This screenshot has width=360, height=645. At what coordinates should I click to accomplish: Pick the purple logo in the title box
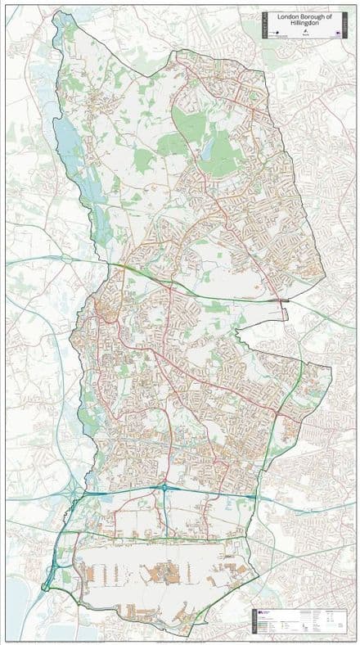(x=337, y=34)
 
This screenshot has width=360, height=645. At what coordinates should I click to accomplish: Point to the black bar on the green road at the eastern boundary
(x=283, y=302)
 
